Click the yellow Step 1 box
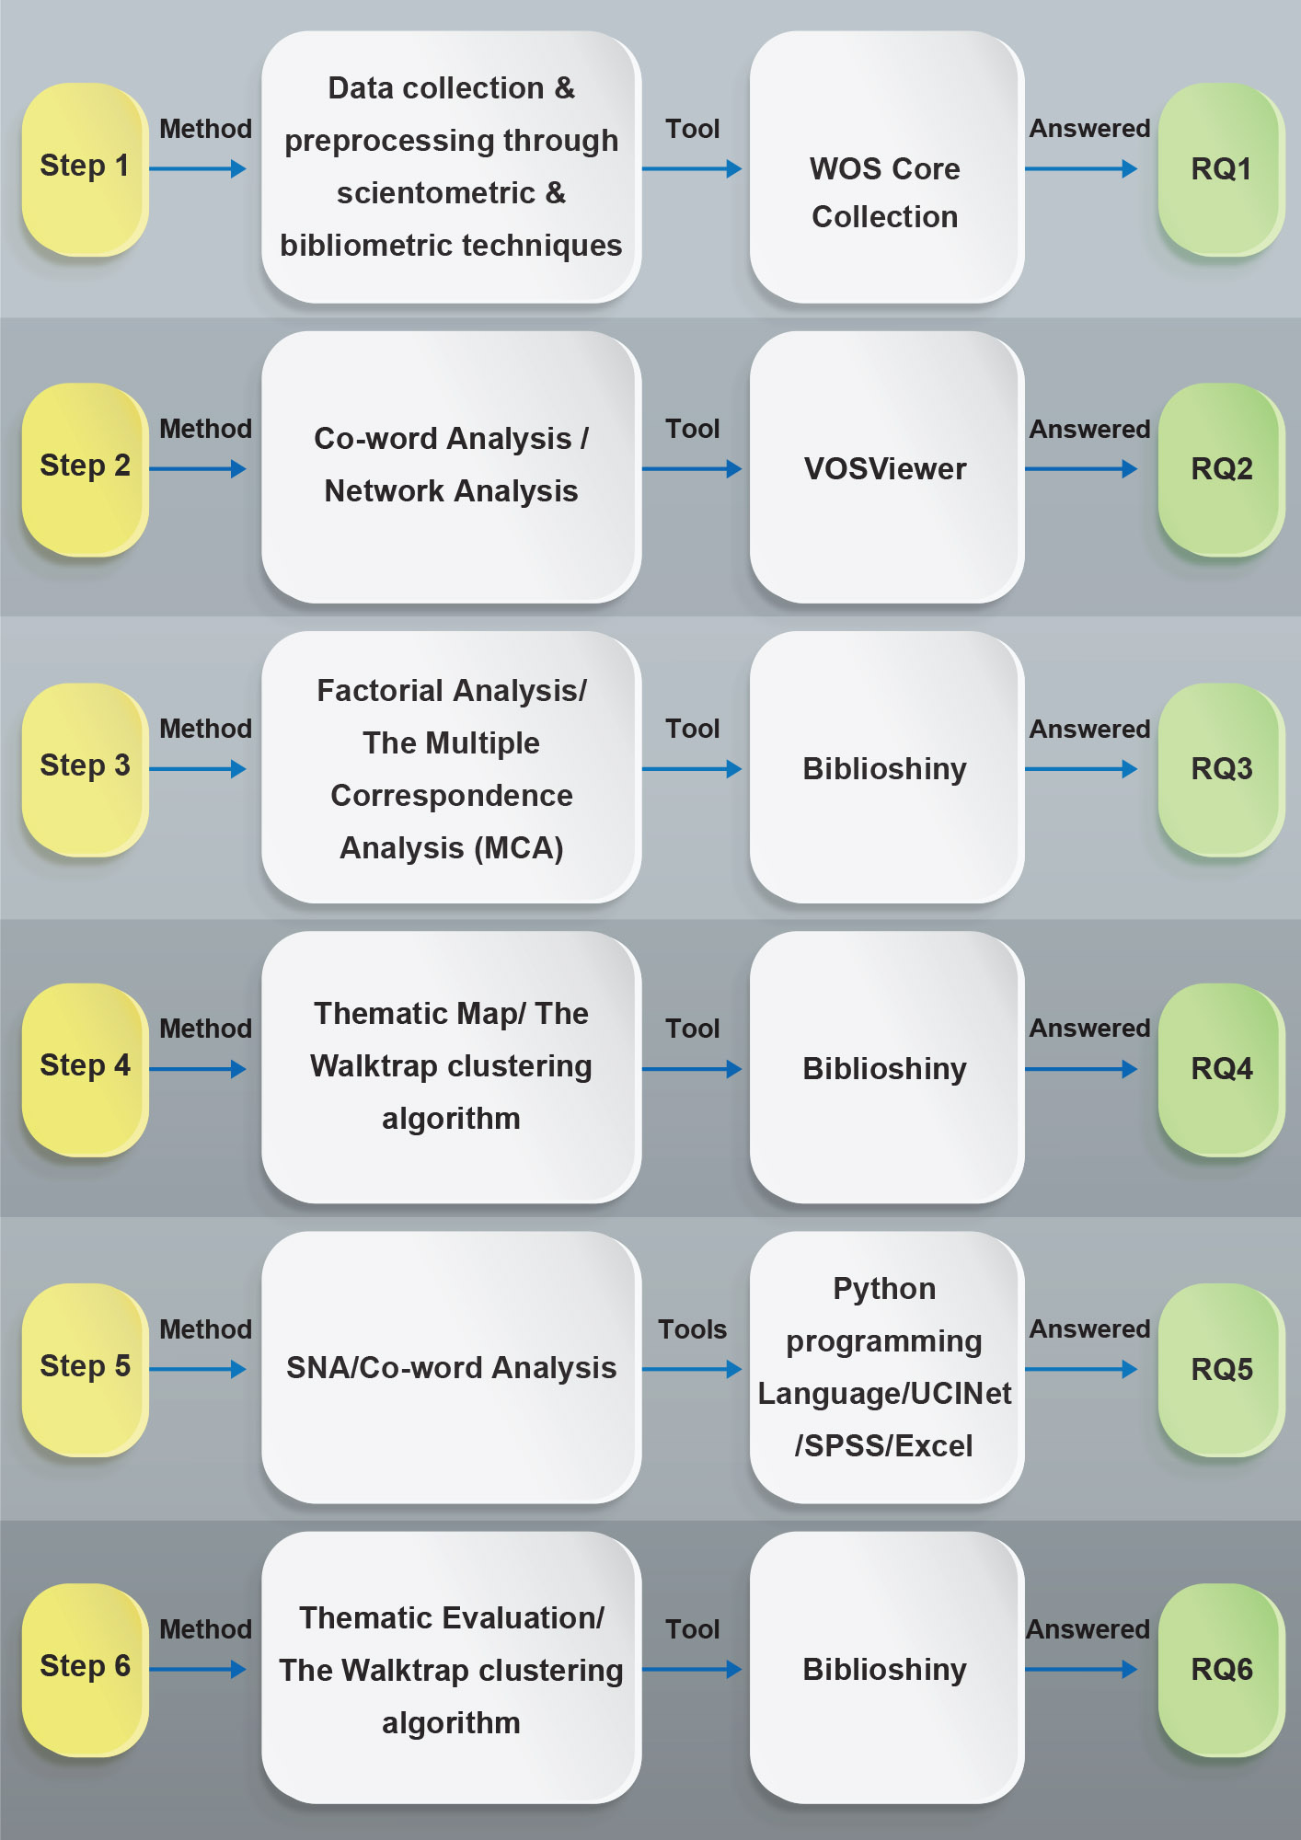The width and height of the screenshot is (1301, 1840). click(85, 168)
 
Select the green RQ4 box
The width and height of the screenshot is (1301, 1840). click(1221, 1068)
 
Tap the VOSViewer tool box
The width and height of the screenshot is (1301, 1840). click(886, 468)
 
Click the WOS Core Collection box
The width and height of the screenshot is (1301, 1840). click(886, 168)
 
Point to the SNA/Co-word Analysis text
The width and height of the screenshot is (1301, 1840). click(451, 1368)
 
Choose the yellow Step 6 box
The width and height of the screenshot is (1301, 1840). click(85, 1668)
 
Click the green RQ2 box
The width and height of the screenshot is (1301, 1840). click(1221, 468)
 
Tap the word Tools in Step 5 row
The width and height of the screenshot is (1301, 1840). click(692, 1329)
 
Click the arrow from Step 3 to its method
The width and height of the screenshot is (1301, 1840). click(198, 769)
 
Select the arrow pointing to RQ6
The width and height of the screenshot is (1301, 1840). click(1081, 1669)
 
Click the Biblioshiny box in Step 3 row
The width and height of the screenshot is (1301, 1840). click(886, 768)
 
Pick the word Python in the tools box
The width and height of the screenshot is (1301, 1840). click(884, 1289)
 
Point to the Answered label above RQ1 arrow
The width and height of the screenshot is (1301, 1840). click(1089, 129)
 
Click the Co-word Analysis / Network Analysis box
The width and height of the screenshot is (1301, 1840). click(451, 466)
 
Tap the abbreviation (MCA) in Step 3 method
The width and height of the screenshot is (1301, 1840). click(519, 848)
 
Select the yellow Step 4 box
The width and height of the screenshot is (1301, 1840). click(85, 1068)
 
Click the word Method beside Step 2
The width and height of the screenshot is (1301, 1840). click(205, 429)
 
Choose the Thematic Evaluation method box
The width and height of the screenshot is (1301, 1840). click(451, 1668)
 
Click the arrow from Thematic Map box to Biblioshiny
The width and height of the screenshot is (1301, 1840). click(692, 1069)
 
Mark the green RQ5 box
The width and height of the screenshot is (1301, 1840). click(1221, 1369)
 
